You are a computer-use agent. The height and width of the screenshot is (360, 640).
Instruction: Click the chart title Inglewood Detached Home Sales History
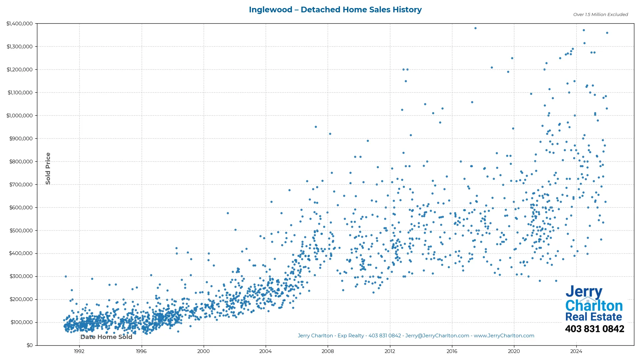pyautogui.click(x=335, y=10)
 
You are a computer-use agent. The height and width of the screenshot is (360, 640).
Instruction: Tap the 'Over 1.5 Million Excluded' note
pyautogui.click(x=600, y=15)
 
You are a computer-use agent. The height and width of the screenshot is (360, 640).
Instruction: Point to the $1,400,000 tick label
pyautogui.click(x=20, y=24)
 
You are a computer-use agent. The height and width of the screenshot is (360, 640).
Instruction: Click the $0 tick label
pyautogui.click(x=30, y=345)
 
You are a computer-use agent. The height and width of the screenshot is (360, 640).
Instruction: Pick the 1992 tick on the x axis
pyautogui.click(x=79, y=351)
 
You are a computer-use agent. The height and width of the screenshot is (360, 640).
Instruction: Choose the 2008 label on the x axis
pyautogui.click(x=328, y=351)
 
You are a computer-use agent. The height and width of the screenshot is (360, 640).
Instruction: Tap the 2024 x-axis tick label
pyautogui.click(x=576, y=351)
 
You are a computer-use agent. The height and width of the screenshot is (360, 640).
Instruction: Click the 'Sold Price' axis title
pyautogui.click(x=48, y=168)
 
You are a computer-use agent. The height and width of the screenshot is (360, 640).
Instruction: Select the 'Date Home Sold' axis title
pyautogui.click(x=106, y=337)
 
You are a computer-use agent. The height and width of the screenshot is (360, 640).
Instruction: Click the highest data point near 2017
pyautogui.click(x=475, y=28)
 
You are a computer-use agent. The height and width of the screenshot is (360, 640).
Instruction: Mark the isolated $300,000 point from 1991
pyautogui.click(x=66, y=276)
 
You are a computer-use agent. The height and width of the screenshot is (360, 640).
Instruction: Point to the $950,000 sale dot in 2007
pyautogui.click(x=316, y=127)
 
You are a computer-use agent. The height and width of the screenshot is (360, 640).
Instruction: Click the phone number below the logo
pyautogui.click(x=594, y=329)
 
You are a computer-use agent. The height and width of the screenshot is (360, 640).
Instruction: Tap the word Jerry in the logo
pyautogui.click(x=584, y=292)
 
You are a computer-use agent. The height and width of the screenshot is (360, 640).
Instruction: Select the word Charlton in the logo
pyautogui.click(x=594, y=306)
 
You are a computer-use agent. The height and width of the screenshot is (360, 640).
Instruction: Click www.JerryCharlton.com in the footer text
pyautogui.click(x=504, y=336)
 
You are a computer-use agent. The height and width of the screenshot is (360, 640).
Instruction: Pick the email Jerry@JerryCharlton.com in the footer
pyautogui.click(x=437, y=336)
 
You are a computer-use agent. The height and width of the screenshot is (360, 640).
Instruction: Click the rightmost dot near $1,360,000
pyautogui.click(x=607, y=33)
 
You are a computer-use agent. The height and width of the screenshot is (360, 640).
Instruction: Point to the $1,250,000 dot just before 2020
pyautogui.click(x=512, y=58)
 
